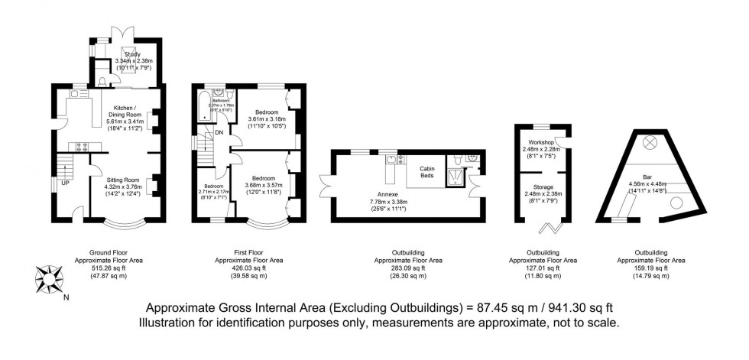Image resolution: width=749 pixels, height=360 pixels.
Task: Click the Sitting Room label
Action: pos(123,175)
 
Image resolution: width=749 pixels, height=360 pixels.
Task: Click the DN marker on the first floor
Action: pos(219,131)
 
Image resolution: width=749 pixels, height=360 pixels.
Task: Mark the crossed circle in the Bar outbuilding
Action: pos(651,141)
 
